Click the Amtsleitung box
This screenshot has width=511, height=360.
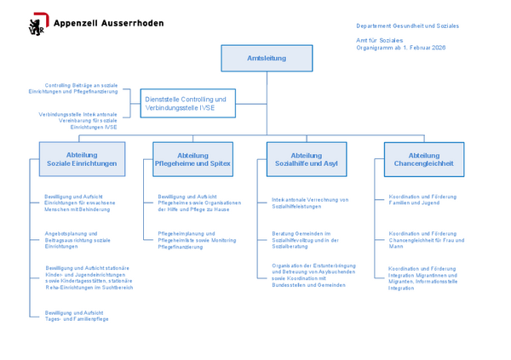pos(267,58)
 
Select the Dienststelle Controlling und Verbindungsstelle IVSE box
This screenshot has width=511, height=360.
pos(187,104)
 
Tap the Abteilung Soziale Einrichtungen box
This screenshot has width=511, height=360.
pos(83,159)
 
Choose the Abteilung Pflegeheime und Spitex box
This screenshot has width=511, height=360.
pos(192,159)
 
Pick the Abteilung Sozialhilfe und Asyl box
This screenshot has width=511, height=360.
pos(307,159)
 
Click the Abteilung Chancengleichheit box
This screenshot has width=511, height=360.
pos(423,159)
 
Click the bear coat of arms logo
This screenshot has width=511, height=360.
pos(38,26)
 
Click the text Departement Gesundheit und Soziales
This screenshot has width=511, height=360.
pos(407,26)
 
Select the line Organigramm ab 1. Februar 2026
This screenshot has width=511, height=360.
pos(400,48)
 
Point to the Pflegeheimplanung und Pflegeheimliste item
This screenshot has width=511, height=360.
pos(198,239)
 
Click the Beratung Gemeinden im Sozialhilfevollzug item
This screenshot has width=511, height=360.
pos(306,239)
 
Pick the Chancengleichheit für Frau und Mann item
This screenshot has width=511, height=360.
pos(425,239)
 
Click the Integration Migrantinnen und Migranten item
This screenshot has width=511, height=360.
pos(423,277)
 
